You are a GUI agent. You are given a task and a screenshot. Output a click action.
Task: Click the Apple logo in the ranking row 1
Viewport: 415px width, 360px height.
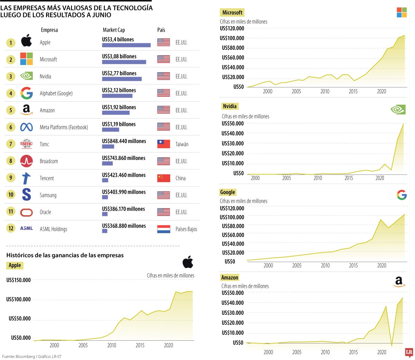pos(26,41)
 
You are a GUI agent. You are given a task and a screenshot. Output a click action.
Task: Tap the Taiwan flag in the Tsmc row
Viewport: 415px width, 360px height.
pos(164,144)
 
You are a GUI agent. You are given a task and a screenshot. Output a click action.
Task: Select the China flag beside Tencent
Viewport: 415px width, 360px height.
pos(164,178)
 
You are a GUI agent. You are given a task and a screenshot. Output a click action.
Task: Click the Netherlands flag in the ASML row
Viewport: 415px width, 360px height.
pos(164,229)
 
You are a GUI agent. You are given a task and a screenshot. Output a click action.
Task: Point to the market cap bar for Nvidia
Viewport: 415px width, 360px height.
pos(122,79)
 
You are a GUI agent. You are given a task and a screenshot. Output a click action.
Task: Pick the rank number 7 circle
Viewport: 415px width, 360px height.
pos(11,144)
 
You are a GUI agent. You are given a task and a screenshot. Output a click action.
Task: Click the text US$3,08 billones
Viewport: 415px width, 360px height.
pos(119,56)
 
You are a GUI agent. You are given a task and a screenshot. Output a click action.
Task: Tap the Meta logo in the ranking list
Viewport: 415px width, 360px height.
pos(26,127)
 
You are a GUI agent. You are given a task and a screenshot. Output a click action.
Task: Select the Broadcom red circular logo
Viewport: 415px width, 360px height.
pos(26,161)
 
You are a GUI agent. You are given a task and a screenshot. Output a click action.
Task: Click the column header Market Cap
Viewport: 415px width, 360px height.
pos(114,30)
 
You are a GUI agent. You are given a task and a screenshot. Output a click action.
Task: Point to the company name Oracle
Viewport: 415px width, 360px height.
pos(45,212)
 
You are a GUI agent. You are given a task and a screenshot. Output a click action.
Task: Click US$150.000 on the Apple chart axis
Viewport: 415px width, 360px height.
pos(18,280)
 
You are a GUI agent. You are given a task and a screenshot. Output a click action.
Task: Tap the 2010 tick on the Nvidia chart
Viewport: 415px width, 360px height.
pos(318,178)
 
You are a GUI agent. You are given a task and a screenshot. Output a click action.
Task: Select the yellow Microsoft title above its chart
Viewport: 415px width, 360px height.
pos(232,13)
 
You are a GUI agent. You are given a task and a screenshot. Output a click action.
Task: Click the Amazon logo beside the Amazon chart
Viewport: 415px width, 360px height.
pos(399,282)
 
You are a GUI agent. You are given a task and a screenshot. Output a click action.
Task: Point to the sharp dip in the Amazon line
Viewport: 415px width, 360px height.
pos(391,345)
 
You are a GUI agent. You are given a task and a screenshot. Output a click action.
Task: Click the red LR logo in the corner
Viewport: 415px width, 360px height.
pos(409,352)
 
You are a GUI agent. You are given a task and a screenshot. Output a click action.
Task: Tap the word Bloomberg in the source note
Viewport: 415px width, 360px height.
pos(25,356)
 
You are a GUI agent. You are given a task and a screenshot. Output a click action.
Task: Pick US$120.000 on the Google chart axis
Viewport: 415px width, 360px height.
pos(232,208)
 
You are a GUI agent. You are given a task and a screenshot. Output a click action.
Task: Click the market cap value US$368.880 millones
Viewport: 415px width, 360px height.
pos(124,226)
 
